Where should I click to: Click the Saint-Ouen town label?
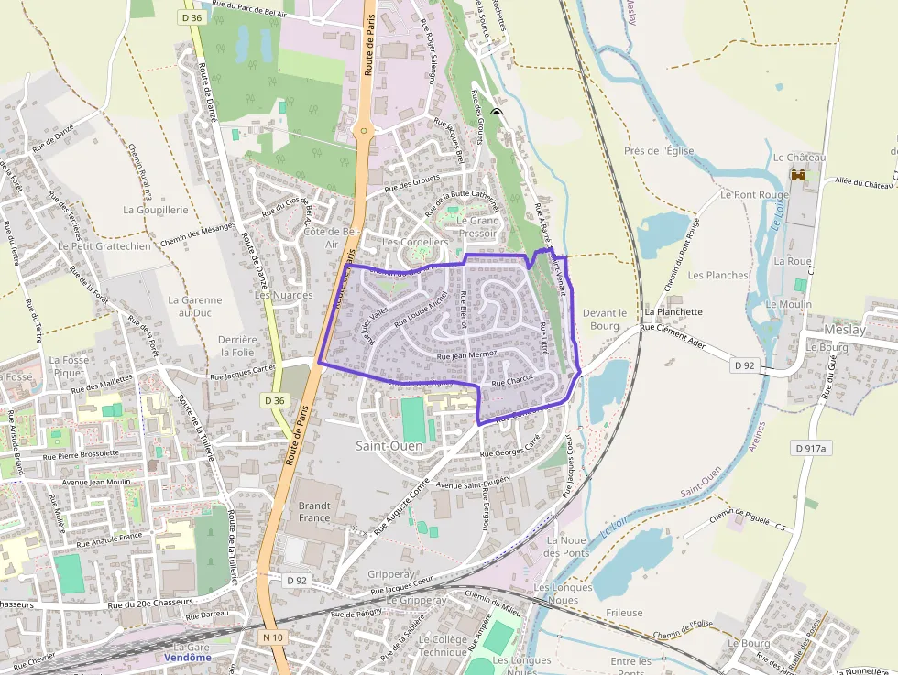[x=389, y=446]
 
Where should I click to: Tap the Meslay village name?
[x=844, y=329]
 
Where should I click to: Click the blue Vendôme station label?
[x=188, y=658]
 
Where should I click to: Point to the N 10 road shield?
[x=272, y=637]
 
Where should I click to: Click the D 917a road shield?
[x=810, y=448]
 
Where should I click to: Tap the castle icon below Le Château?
[x=798, y=174]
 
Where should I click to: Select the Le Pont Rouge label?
[x=754, y=195]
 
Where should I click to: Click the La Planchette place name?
[x=673, y=311]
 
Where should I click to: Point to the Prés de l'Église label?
[x=659, y=151]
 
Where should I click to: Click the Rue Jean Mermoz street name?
[x=467, y=354]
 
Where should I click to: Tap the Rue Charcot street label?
[x=512, y=381]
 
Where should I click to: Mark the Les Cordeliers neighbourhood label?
[x=415, y=242]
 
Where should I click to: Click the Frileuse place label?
[x=624, y=613]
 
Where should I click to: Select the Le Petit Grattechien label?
[x=104, y=246]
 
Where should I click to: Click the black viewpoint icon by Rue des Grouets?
[x=496, y=114]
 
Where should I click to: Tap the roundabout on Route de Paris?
[x=364, y=131]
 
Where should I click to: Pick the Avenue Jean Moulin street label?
[x=95, y=482]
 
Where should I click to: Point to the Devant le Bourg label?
[x=605, y=319]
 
